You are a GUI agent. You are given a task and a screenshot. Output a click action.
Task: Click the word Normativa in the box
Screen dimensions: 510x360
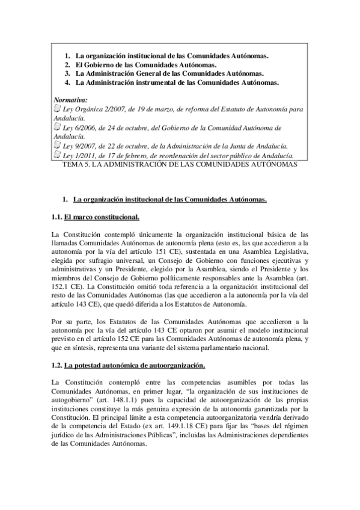tap(70, 99)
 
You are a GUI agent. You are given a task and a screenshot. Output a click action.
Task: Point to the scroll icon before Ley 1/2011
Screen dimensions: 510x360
tap(56, 154)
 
